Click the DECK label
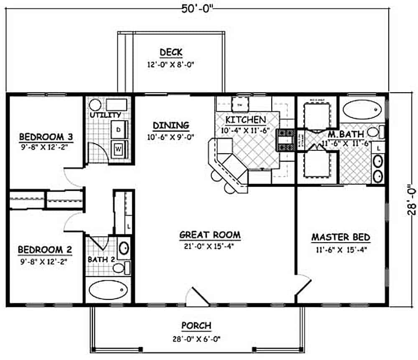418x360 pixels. (x=171, y=52)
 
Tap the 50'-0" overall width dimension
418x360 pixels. (x=196, y=8)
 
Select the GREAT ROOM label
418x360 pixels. (x=210, y=235)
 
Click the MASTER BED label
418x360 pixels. (x=341, y=238)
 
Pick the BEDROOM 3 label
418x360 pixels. (x=46, y=137)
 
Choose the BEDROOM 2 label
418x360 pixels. (x=45, y=250)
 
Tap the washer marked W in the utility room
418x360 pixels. (x=119, y=147)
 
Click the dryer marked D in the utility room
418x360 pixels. (x=119, y=130)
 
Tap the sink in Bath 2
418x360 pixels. (x=124, y=248)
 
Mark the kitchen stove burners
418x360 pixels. (x=286, y=140)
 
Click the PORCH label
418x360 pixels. (x=196, y=325)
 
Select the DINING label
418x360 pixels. (x=171, y=125)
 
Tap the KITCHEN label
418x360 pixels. (x=245, y=120)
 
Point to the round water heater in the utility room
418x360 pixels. (x=95, y=104)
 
